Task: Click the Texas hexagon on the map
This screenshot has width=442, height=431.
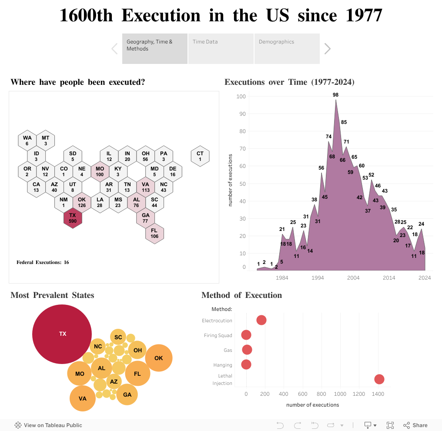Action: pos(73,218)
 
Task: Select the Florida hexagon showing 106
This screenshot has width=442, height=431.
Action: pos(154,233)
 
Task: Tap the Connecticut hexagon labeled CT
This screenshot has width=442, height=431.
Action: pos(200,156)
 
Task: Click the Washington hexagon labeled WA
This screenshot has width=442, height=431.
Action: pos(27,140)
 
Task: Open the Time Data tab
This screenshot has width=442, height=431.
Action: pos(221,48)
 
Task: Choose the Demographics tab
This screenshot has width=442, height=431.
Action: pos(287,48)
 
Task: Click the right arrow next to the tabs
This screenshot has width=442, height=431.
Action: pos(328,49)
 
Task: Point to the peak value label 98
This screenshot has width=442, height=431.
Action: pos(335,95)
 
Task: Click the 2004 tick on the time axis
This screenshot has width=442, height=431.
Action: pos(353,278)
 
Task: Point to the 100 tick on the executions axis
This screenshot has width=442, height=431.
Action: pos(241,97)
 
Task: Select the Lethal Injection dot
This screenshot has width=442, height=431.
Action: pos(379,379)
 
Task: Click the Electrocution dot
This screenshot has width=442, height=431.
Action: pos(261,321)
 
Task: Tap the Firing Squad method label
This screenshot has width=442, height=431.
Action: pos(218,335)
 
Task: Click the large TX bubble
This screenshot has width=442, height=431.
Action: pos(62,334)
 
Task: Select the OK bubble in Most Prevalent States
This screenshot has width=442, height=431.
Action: pos(159,358)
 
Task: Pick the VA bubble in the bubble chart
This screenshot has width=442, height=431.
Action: pos(83,398)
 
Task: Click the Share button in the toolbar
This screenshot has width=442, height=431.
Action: pos(416,425)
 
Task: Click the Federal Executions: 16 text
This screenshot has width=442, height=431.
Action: pos(43,262)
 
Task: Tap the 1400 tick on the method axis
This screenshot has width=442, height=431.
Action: pos(378,394)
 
